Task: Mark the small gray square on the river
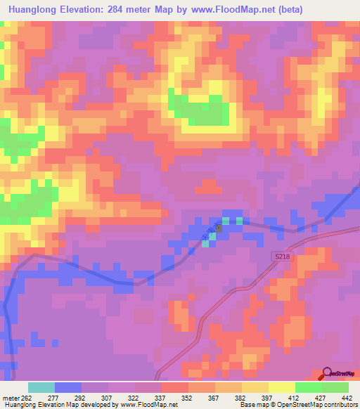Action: (218, 228)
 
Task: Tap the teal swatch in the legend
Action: (41, 387)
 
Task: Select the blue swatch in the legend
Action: (68, 387)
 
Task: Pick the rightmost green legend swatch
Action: (335, 387)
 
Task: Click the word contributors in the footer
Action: (339, 405)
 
